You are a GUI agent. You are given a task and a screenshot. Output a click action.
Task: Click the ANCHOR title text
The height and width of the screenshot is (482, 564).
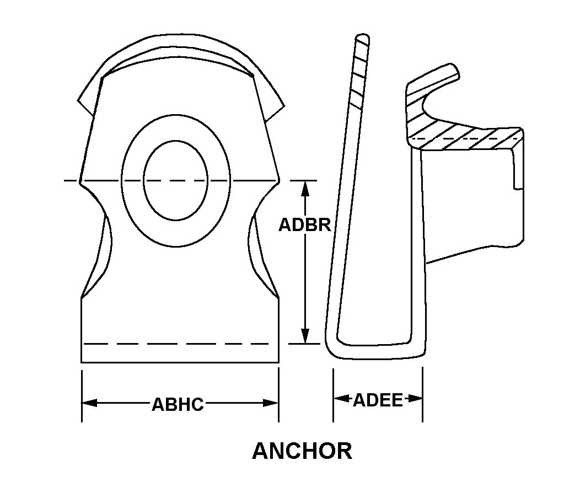pyautogui.click(x=302, y=451)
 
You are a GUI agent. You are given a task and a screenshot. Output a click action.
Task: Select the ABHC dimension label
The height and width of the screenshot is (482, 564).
pyautogui.click(x=178, y=404)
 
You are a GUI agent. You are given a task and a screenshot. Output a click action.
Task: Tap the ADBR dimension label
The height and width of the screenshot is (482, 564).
pyautogui.click(x=305, y=225)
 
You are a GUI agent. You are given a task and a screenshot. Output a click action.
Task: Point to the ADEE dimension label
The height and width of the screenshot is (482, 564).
pyautogui.click(x=378, y=400)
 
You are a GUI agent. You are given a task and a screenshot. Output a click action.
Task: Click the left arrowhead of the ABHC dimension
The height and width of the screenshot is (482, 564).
pyautogui.click(x=89, y=403)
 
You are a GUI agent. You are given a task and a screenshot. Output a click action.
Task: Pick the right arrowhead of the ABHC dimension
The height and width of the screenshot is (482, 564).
pyautogui.click(x=271, y=403)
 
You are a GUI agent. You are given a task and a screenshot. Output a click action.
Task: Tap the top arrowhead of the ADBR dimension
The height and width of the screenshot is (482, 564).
pyautogui.click(x=305, y=189)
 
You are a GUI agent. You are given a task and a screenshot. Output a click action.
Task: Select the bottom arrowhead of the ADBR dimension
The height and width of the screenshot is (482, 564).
pyautogui.click(x=305, y=336)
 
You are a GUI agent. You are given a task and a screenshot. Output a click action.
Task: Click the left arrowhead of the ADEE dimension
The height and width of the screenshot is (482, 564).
pyautogui.click(x=341, y=399)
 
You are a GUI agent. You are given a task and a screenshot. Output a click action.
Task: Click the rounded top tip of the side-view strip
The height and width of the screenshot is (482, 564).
pyautogui.click(x=362, y=37)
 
